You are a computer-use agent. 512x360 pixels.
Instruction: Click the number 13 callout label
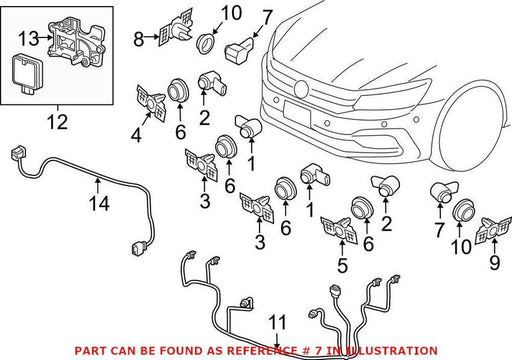28,38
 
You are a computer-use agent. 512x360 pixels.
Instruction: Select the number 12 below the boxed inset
57,122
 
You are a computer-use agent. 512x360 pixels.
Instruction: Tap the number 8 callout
139,39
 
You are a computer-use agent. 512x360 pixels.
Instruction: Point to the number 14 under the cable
99,203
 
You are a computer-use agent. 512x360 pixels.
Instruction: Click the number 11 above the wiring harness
278,322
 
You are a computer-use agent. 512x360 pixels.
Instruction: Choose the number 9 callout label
495,262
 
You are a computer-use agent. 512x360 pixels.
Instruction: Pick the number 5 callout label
342,266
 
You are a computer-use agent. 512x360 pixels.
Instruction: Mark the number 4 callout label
136,136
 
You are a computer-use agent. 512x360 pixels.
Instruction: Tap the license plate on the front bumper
297,113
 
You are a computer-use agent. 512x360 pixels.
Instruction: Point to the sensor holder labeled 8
176,29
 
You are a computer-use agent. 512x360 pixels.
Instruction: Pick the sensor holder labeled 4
152,104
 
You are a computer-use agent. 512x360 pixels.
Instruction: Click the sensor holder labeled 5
339,230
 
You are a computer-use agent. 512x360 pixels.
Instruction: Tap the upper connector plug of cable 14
18,153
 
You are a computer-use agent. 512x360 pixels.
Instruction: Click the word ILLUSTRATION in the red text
392,351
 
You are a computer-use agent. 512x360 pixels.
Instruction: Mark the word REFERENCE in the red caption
262,351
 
